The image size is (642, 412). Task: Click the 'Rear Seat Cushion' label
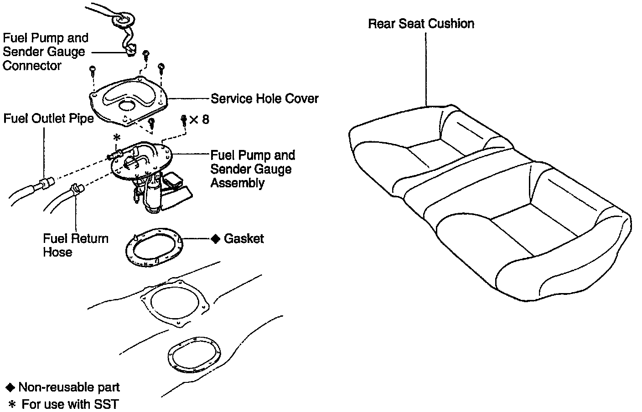421,24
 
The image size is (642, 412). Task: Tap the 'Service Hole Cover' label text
264,98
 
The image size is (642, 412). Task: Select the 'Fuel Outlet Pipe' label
48,118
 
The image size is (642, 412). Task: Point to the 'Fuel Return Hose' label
76,245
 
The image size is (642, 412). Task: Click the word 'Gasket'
244,238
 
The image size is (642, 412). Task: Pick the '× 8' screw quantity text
199,119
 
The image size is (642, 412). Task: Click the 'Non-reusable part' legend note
69,387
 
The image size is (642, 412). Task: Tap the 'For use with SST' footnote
70,404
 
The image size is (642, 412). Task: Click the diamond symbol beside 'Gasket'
216,239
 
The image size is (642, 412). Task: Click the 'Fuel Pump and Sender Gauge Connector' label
45,51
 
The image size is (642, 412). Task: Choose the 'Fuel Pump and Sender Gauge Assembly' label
252,169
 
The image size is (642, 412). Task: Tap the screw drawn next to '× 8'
184,119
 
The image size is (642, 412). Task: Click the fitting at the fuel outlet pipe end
46,183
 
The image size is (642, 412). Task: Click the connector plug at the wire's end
131,49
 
